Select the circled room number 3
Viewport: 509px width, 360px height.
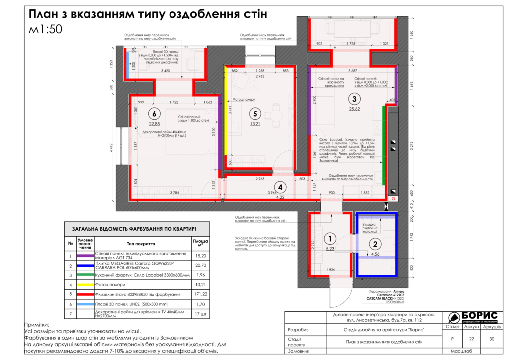354,99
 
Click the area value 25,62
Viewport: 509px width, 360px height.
354,109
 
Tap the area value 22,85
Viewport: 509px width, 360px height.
155,124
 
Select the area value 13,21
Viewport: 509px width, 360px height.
255,124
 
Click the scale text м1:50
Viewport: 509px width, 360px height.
45,29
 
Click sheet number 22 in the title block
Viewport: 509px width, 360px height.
471,339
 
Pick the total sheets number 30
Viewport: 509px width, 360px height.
491,339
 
